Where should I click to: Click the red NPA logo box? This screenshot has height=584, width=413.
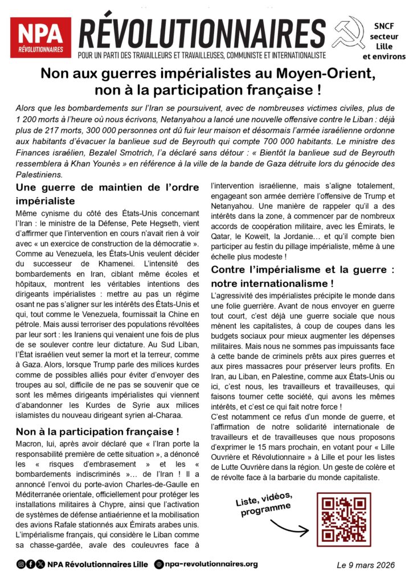pos(40,38)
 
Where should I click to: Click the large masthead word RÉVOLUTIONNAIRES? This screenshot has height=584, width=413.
pos(202,33)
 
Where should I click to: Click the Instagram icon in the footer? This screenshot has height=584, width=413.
pos(21,565)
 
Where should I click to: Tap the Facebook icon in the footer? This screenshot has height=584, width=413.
pos(30,565)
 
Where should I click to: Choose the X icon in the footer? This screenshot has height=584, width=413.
pos(40,565)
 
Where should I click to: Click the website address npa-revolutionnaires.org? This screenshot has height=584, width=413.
pos(211,565)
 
